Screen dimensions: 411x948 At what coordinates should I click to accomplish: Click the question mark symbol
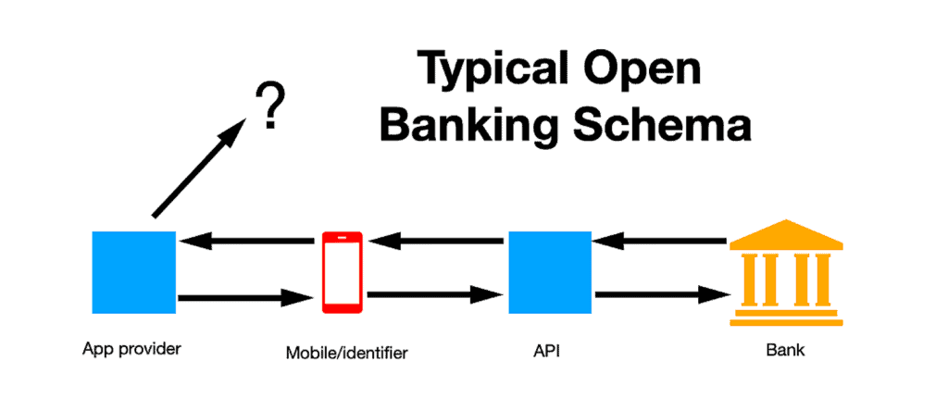268,108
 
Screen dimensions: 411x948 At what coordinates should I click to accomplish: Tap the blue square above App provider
133,271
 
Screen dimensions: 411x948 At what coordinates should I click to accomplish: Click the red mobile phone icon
343,272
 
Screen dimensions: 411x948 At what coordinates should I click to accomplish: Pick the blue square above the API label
550,271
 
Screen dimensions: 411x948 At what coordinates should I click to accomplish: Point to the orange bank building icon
785,272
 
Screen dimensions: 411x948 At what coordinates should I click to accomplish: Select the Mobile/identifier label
345,352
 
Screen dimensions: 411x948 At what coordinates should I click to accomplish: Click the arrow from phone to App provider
247,243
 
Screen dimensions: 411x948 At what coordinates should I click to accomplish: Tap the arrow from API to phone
437,243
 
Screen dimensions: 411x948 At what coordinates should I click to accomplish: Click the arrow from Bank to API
659,243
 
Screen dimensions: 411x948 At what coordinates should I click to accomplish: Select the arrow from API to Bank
659,296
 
